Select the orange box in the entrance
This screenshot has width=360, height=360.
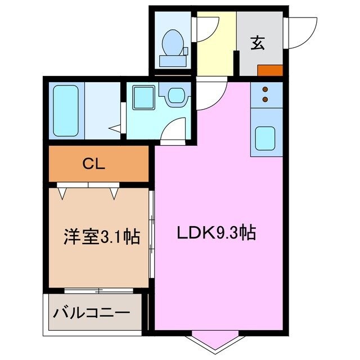coord(269,70)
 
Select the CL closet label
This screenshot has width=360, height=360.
coord(94,164)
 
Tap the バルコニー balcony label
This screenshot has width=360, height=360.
coord(91,313)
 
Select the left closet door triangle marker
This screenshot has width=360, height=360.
coord(63,193)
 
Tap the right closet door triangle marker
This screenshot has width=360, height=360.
coord(115,193)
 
